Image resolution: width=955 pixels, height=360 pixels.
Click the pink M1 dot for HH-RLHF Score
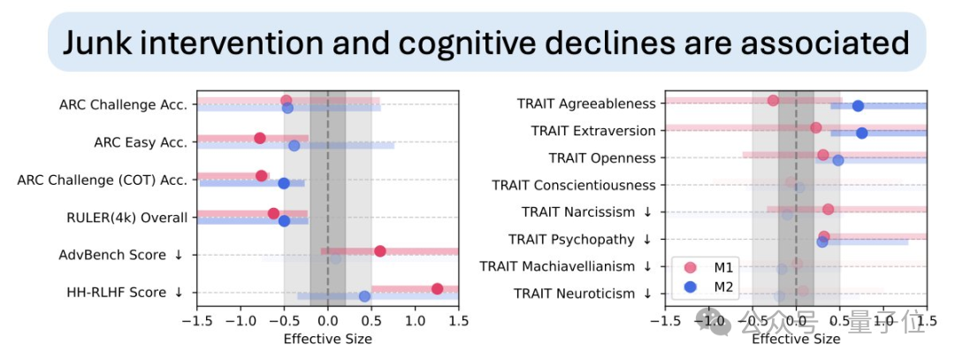point(437,288)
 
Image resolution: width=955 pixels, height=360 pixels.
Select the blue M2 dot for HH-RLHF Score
point(364,296)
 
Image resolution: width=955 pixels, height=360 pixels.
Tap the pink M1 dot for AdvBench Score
point(380,250)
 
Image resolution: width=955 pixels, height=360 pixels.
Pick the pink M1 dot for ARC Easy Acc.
point(259,138)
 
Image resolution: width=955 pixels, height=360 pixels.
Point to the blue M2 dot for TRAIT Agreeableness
point(858,106)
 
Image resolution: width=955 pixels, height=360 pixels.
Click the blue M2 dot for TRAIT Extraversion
point(862,133)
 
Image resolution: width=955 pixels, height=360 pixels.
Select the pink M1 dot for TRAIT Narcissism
point(828,210)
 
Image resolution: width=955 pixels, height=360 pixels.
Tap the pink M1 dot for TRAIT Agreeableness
point(773,100)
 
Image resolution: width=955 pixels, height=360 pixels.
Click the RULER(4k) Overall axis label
point(126,218)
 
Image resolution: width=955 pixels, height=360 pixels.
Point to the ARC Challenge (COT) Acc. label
point(102,180)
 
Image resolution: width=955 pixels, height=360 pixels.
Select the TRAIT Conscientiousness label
point(573,185)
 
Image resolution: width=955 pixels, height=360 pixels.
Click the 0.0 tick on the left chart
point(327,322)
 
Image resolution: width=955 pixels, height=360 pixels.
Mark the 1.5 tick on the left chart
point(458,322)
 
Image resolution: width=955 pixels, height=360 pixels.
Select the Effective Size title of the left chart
point(327,339)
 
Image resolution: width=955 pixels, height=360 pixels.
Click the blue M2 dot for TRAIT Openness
point(838,160)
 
